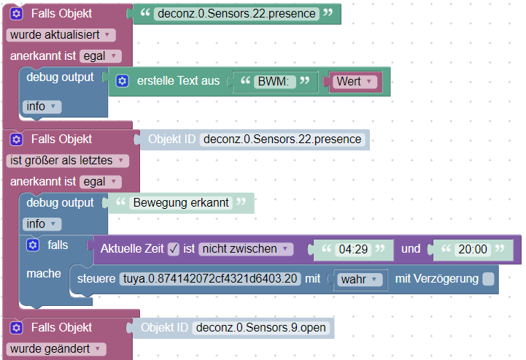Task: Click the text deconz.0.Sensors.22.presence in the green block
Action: (x=236, y=14)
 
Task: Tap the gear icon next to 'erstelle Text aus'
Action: (x=123, y=82)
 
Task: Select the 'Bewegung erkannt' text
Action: (x=179, y=203)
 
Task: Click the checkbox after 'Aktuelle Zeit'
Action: (x=174, y=249)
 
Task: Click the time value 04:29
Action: (x=353, y=250)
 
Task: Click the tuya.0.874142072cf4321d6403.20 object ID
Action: (x=210, y=279)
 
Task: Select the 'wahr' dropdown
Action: (x=357, y=279)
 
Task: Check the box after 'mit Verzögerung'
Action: (x=488, y=279)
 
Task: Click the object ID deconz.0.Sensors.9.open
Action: (x=261, y=329)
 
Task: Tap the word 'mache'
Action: (x=44, y=272)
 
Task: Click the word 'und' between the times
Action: (x=411, y=249)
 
